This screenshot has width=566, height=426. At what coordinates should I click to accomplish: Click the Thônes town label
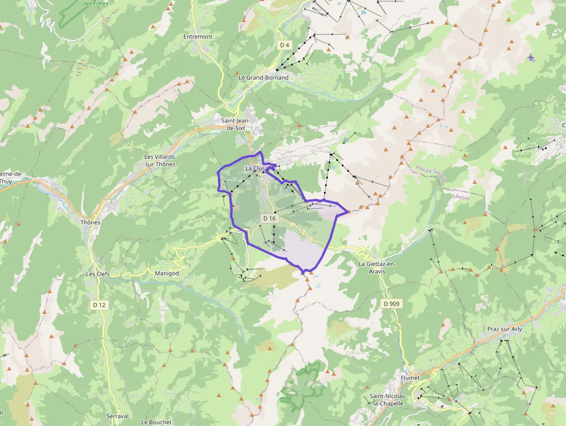coord(91,223)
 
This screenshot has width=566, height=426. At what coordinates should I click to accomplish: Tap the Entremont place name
coord(198,36)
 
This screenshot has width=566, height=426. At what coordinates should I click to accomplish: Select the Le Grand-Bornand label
coord(263,77)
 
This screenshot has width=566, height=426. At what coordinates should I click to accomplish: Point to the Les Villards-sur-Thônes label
coord(160,160)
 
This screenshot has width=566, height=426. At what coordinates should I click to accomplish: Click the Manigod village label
coord(167,273)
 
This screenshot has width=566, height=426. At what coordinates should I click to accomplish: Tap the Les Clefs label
coord(98,274)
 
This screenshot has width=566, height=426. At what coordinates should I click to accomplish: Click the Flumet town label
coord(410,378)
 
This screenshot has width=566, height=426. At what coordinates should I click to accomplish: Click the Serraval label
coord(117,416)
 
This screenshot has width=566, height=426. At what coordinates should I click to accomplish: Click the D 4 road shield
coord(284,45)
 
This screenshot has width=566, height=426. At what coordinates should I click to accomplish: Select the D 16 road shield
coord(270,218)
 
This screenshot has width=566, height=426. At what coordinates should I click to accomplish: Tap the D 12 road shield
coord(99,305)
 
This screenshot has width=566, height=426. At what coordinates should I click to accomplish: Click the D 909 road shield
coord(391,303)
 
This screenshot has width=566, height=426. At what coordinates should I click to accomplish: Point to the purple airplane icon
coord(531,57)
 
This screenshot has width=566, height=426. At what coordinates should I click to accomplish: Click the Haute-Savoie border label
coord(431,174)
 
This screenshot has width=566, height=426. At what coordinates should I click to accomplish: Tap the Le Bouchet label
coord(157,422)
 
